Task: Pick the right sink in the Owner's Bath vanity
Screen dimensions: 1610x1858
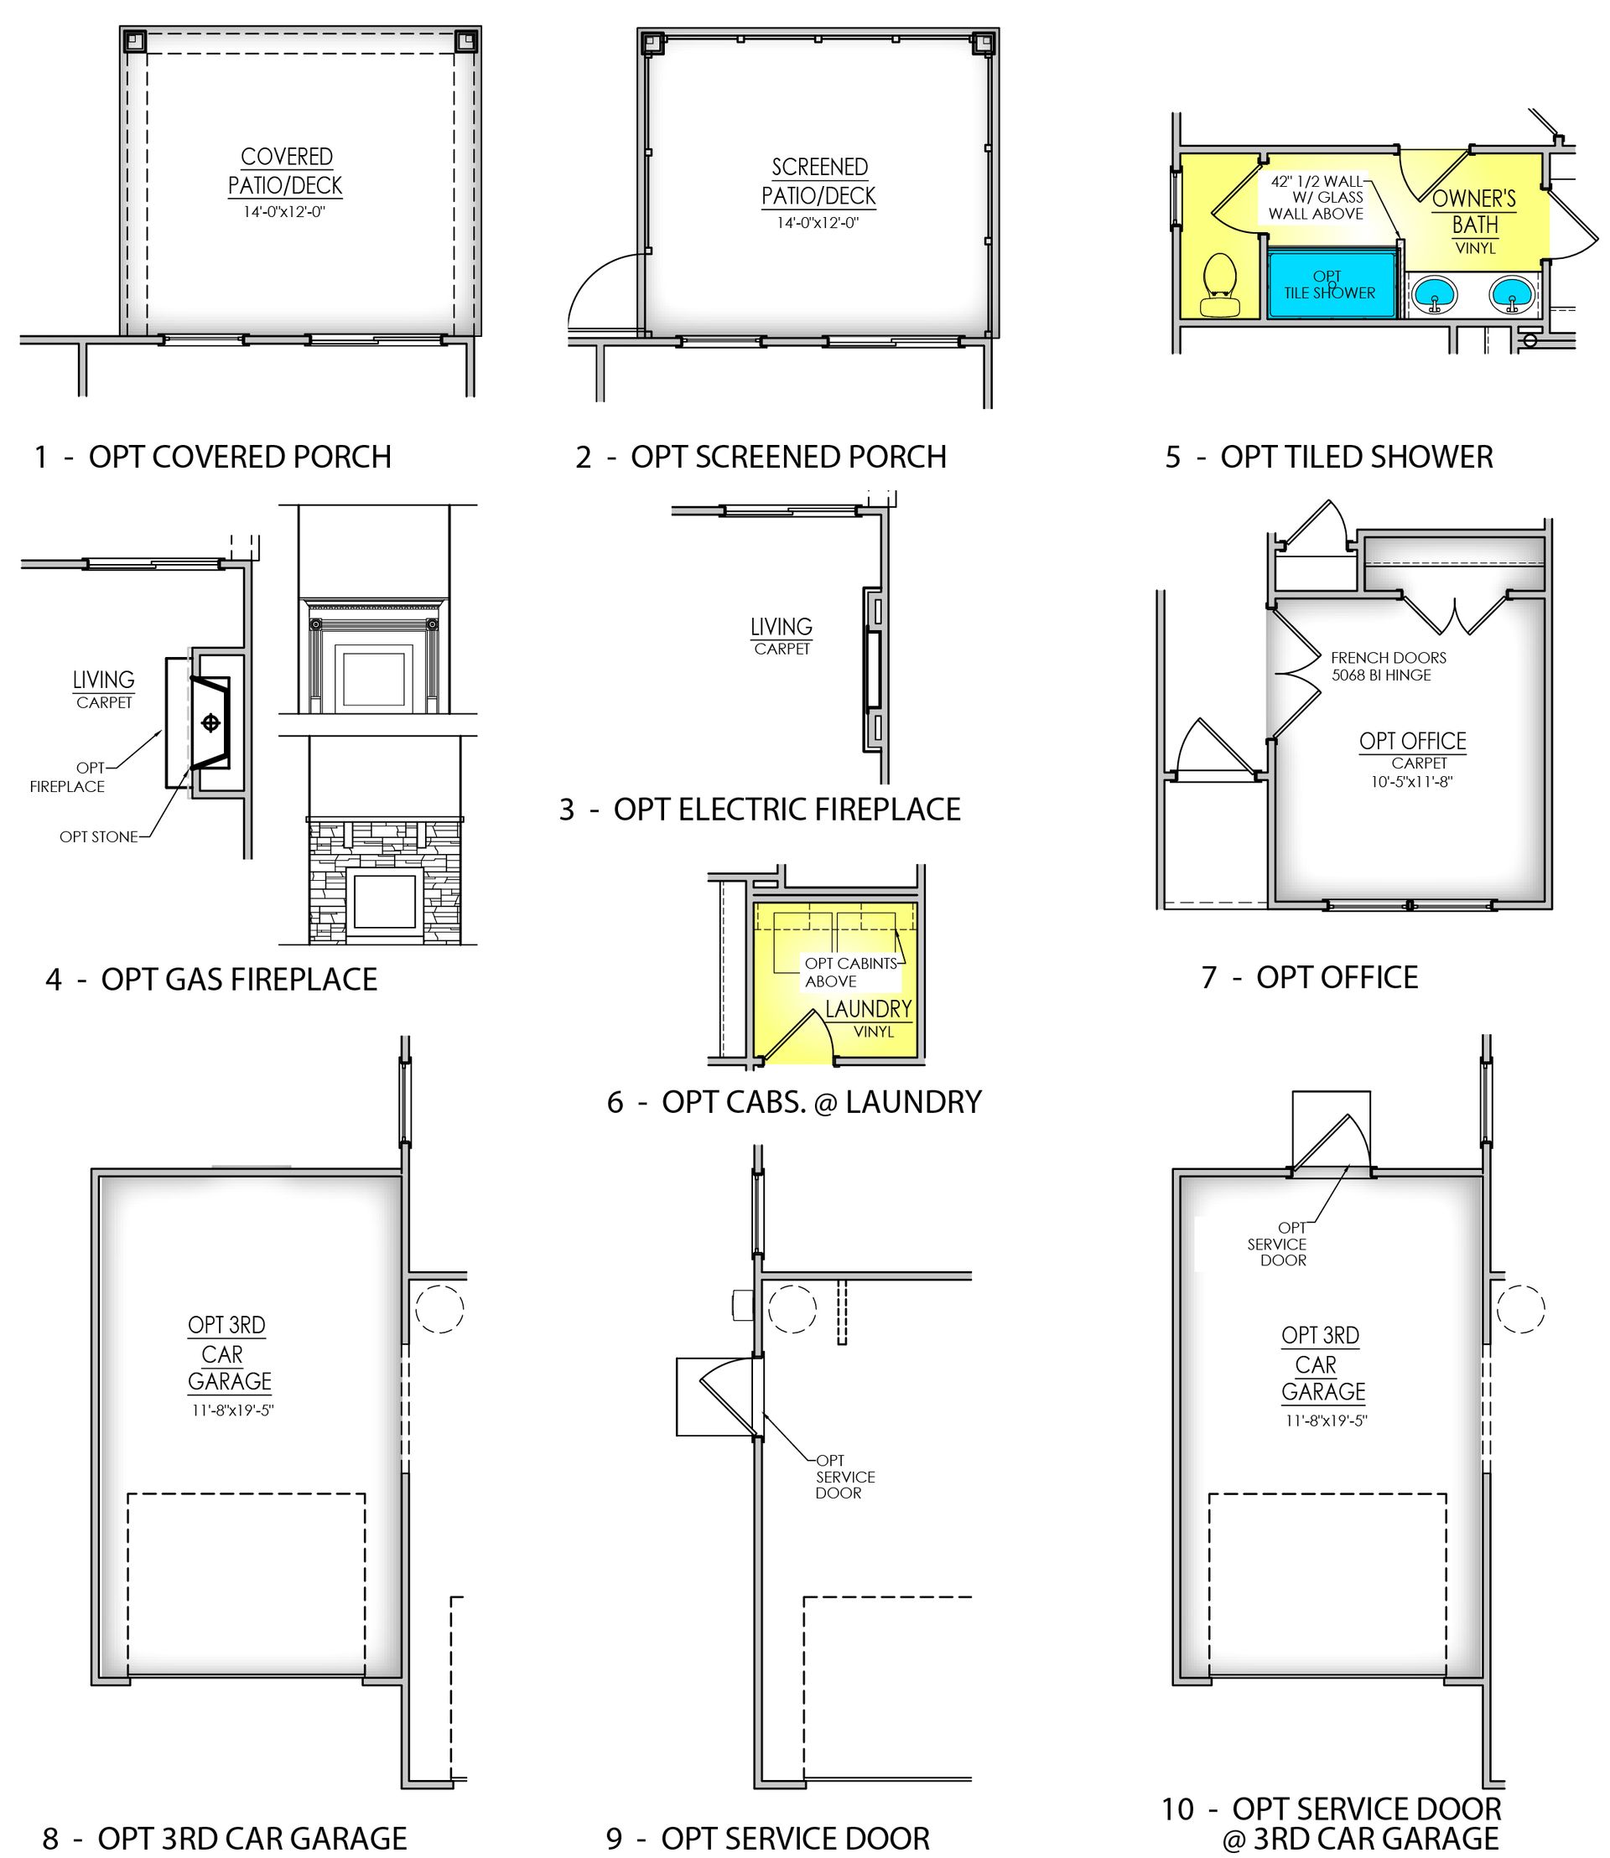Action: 1513,292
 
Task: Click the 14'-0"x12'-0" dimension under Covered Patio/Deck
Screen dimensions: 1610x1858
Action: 284,213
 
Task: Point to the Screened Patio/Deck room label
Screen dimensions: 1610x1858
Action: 818,181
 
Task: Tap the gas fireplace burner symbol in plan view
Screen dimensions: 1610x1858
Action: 211,723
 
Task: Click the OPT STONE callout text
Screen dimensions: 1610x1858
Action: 99,837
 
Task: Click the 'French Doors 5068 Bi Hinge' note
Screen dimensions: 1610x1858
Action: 1388,666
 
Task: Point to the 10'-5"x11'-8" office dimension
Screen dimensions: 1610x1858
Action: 1411,782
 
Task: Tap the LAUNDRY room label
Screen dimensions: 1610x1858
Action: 869,1008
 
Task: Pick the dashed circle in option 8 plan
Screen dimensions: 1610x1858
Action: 440,1309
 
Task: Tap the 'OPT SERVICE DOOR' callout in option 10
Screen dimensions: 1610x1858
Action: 1278,1244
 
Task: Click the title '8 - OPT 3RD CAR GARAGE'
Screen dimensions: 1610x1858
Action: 226,1837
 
